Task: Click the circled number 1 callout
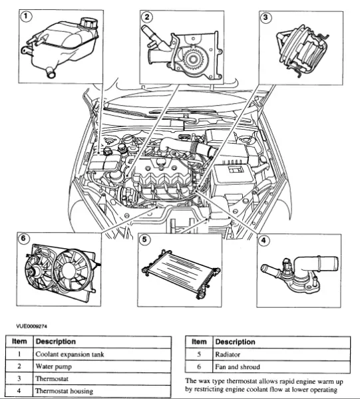25,17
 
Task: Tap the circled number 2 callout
147,17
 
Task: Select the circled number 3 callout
266,17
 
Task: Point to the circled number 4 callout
264,241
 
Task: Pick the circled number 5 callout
144,239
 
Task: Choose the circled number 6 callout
23,238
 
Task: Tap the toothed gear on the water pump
193,59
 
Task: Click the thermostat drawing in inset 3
301,50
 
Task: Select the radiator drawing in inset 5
181,274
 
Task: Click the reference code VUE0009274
31,326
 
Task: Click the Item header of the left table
19,342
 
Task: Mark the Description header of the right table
235,342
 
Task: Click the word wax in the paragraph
204,381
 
